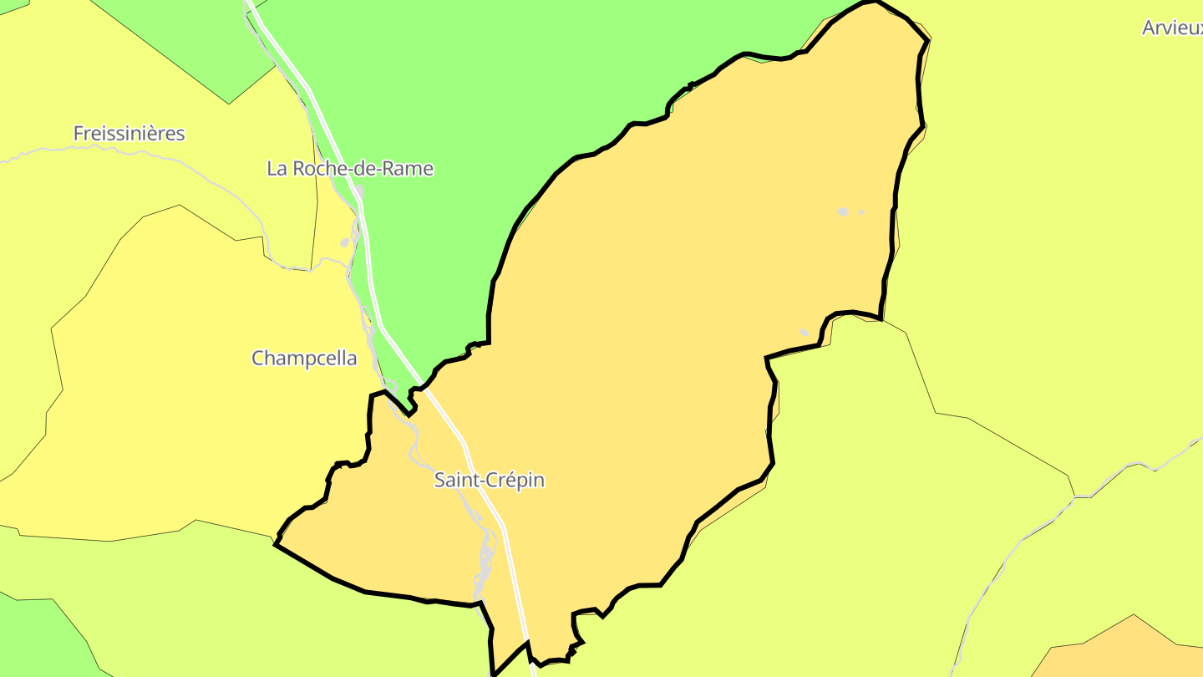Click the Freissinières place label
pos(129,134)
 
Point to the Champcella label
pos(304,359)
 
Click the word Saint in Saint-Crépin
pos(456,481)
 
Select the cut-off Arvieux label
pos(1172,28)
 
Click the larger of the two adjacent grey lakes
pos(843,212)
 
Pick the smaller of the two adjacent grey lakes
pos(861,212)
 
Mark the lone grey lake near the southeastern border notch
pos(804,333)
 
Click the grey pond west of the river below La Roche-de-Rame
pos(345,242)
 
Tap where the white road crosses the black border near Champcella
pos(420,386)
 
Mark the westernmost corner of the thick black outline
pos(276,544)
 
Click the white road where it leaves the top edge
pos(248,4)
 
